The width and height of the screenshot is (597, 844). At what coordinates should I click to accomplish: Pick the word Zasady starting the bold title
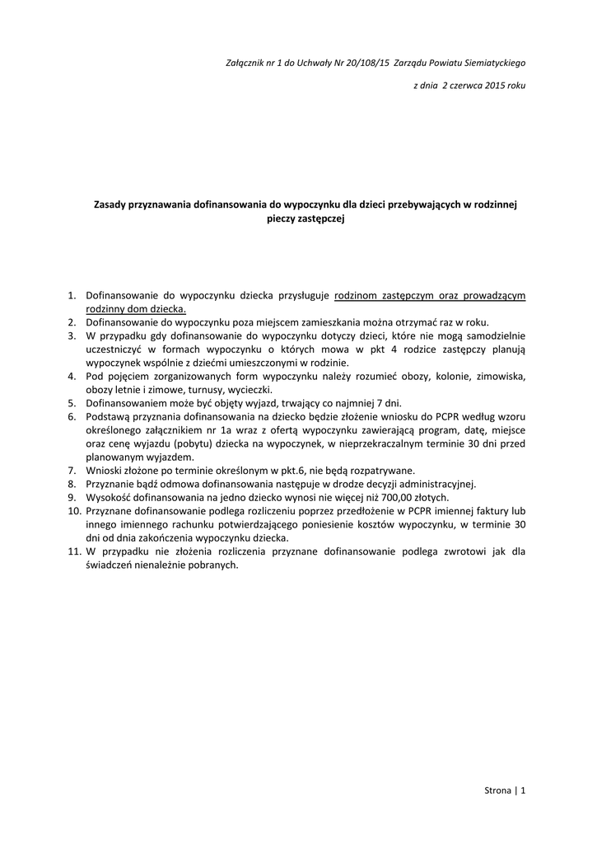tap(110, 203)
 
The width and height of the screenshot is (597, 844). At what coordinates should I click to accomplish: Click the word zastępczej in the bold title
tap(319, 218)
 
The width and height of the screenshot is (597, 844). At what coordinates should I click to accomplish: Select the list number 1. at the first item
tap(72, 294)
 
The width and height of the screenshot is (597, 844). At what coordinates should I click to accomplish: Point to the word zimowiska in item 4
tap(501, 377)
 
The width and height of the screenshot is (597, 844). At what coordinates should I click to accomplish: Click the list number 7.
tap(72, 471)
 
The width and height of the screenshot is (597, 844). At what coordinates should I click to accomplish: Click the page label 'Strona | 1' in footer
tap(504, 791)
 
